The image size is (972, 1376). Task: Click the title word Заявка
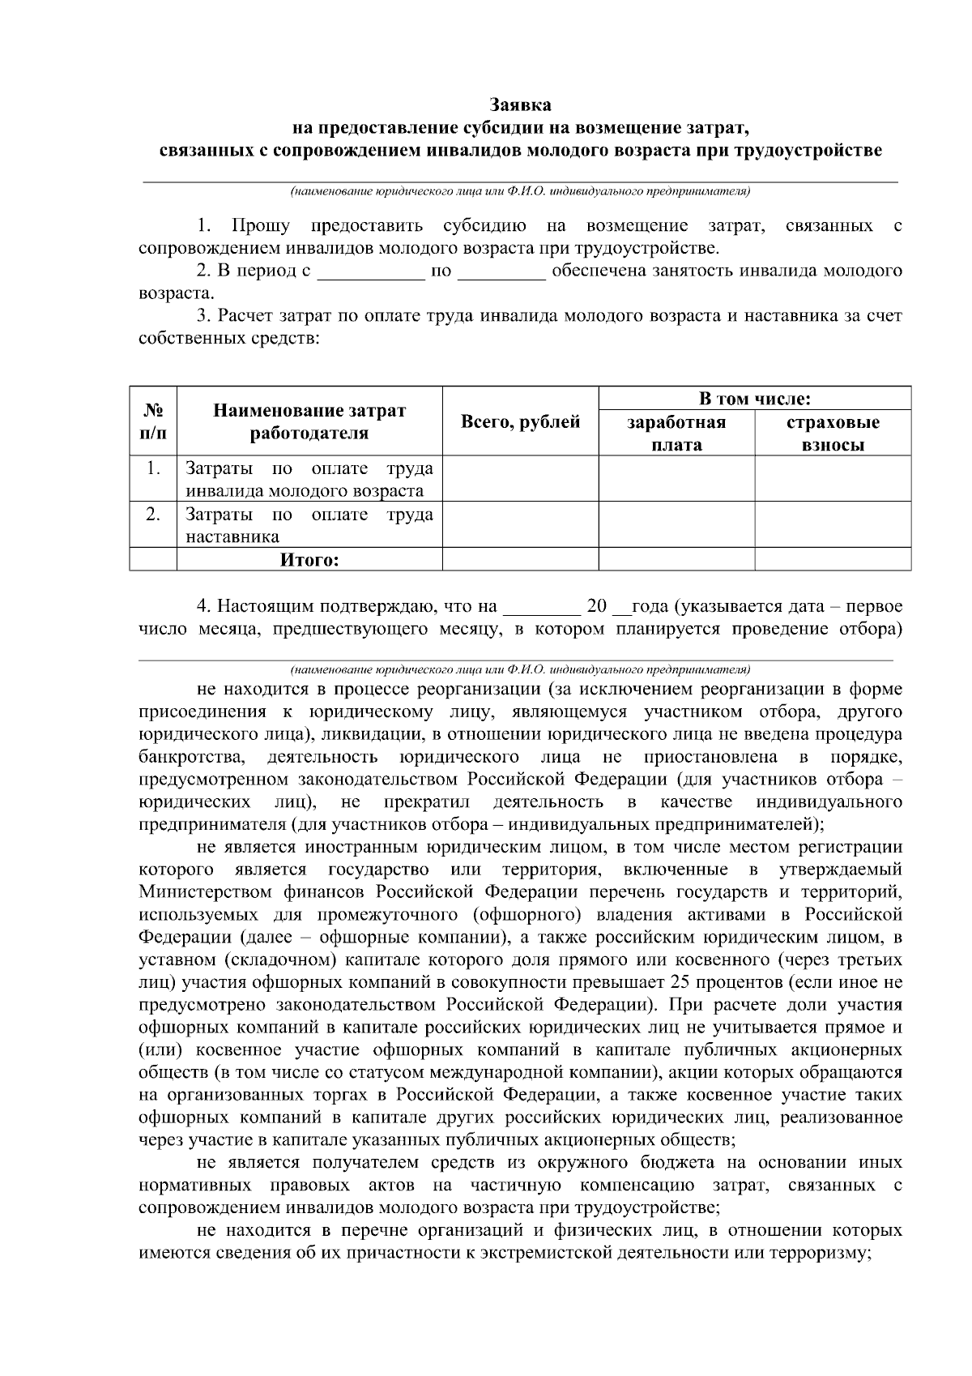[520, 105]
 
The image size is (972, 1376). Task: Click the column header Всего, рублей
[520, 421]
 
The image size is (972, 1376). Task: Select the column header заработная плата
[676, 433]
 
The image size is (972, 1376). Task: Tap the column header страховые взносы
[833, 433]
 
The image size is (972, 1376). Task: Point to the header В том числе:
[755, 399]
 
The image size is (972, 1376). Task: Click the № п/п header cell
[153, 421]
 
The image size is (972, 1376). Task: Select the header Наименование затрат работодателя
[309, 421]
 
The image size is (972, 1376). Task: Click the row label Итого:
[309, 560]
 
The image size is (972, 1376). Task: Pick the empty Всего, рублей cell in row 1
[520, 479]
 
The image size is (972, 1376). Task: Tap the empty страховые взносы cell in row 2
[833, 525]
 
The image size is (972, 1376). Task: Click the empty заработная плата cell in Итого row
[676, 560]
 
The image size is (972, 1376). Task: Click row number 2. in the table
[153, 515]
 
